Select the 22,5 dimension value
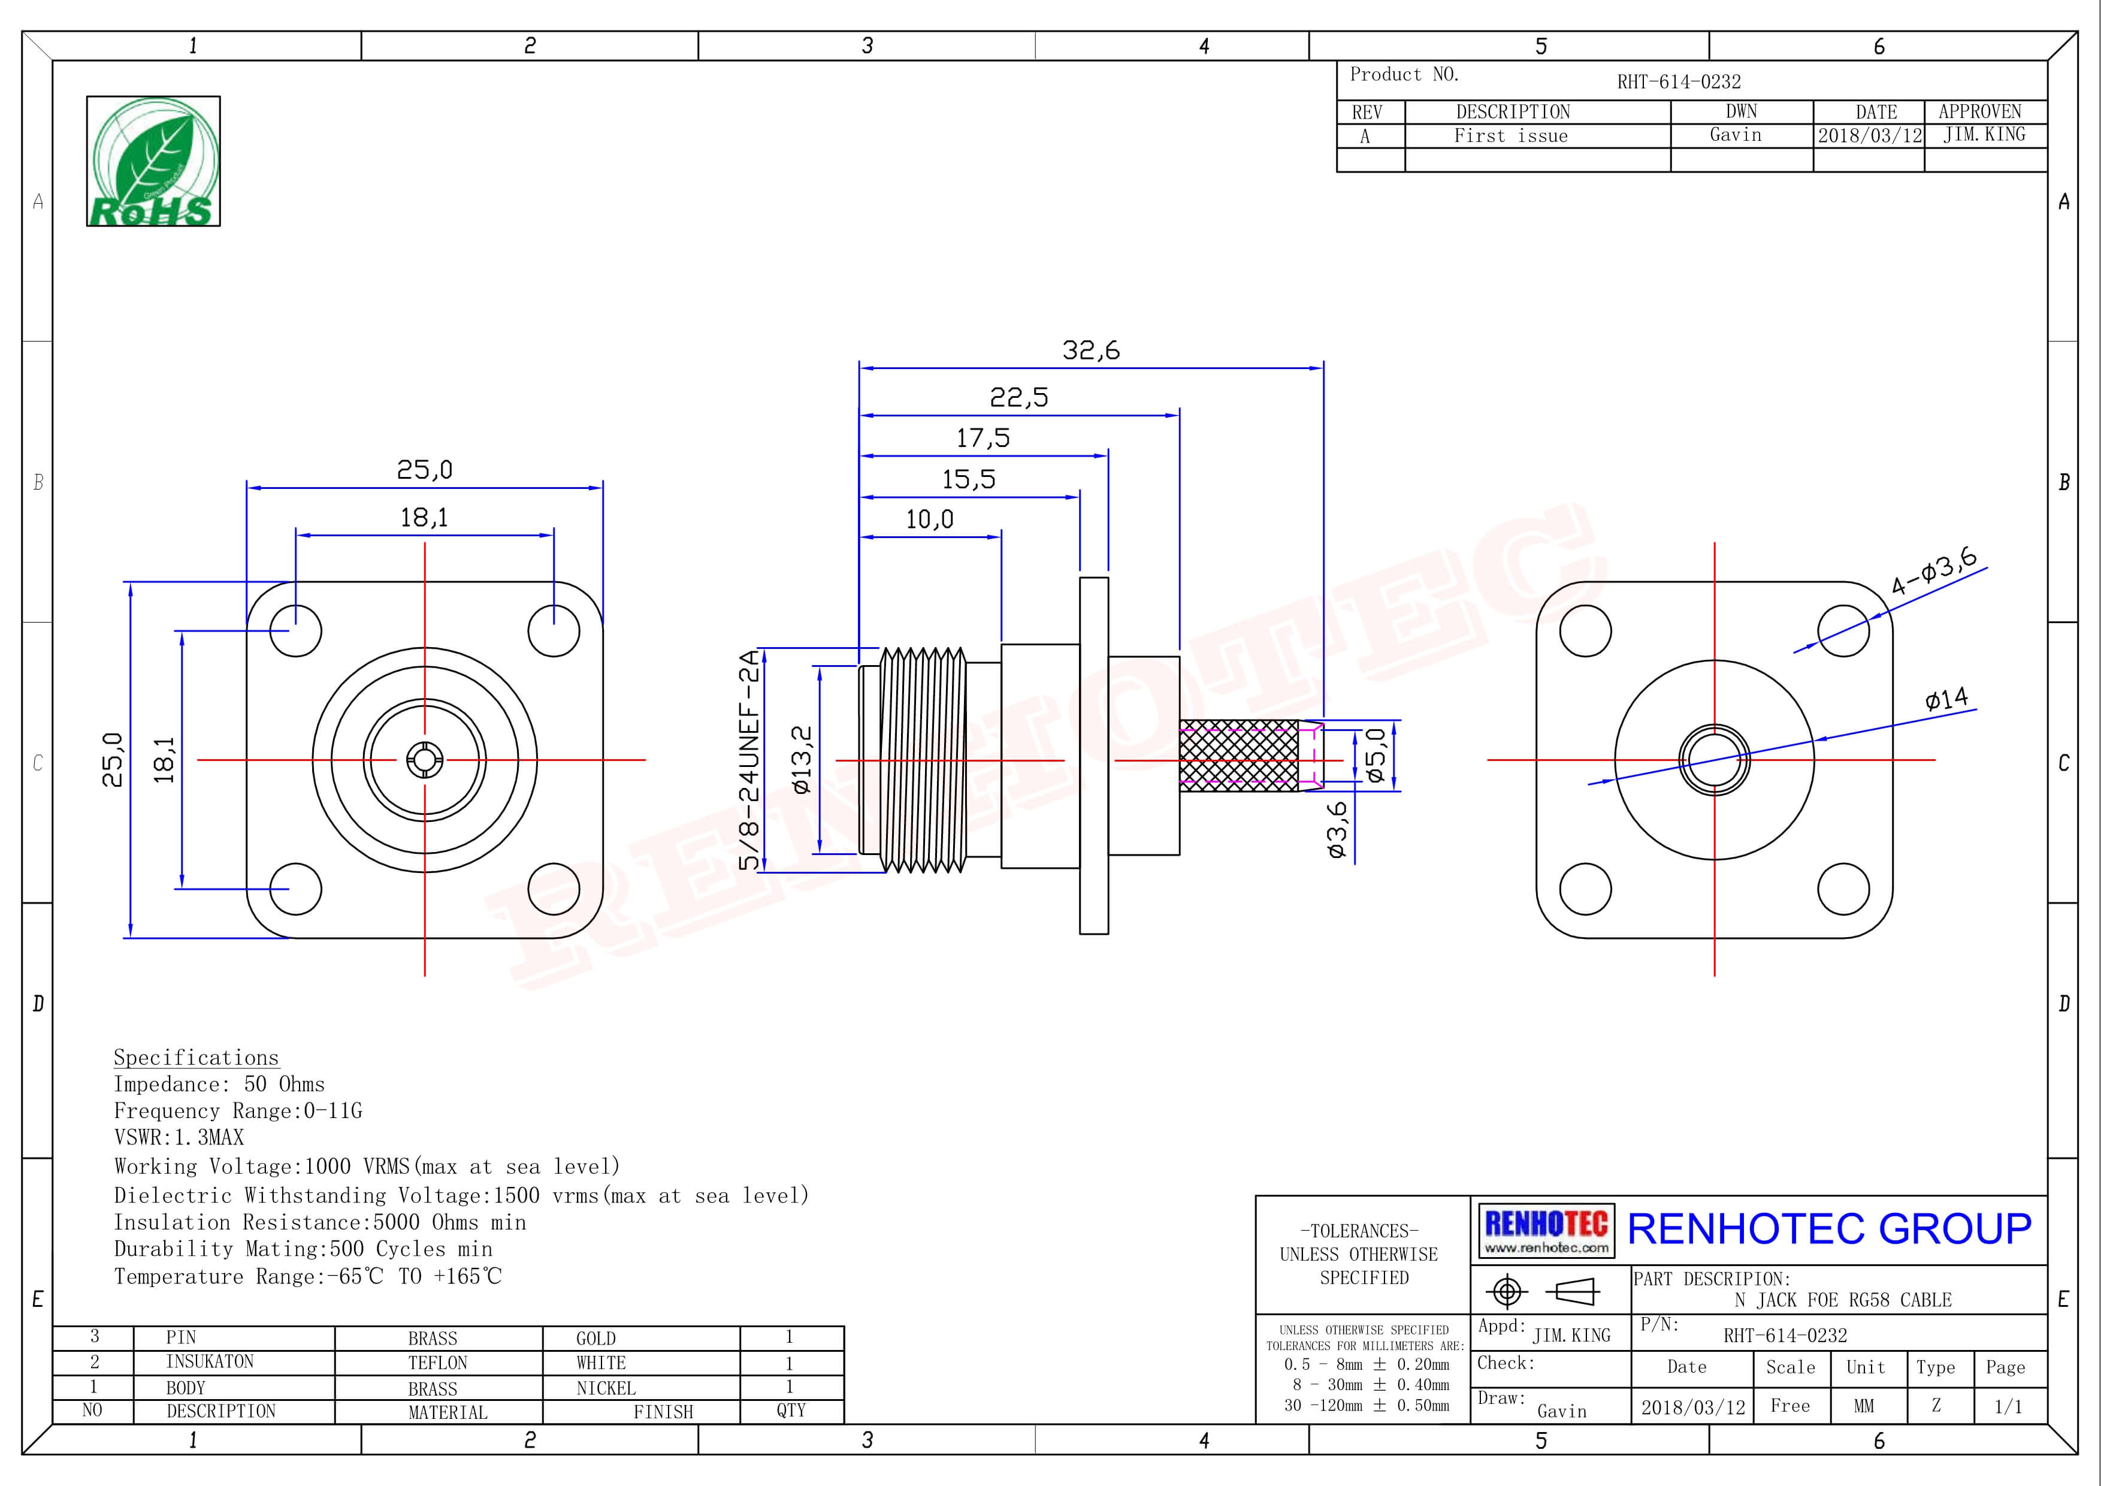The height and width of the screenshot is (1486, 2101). tap(1018, 398)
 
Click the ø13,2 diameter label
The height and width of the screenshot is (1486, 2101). tap(802, 759)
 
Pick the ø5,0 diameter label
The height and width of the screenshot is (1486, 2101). tap(1376, 755)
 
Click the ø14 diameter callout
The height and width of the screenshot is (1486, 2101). tap(1946, 700)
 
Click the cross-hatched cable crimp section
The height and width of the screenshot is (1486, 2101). tap(1238, 755)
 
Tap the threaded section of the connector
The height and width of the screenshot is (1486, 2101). tap(923, 759)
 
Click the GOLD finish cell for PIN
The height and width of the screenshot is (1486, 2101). tap(595, 1339)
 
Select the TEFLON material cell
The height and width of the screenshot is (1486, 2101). tap(437, 1363)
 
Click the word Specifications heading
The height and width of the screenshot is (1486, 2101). tap(196, 1058)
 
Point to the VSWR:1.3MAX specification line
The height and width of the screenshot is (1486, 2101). tap(179, 1137)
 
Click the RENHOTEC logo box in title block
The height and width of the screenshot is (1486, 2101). tap(1546, 1231)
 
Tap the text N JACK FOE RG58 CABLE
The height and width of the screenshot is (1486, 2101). tap(1843, 1300)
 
